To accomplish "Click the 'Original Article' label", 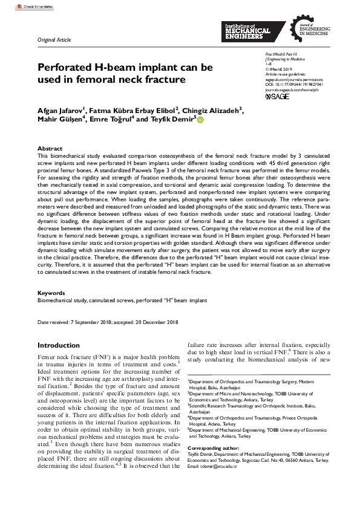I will (54, 40).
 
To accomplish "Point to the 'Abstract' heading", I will (50, 148).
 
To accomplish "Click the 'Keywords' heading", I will (51, 293).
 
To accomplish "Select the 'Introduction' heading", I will (62, 345).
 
